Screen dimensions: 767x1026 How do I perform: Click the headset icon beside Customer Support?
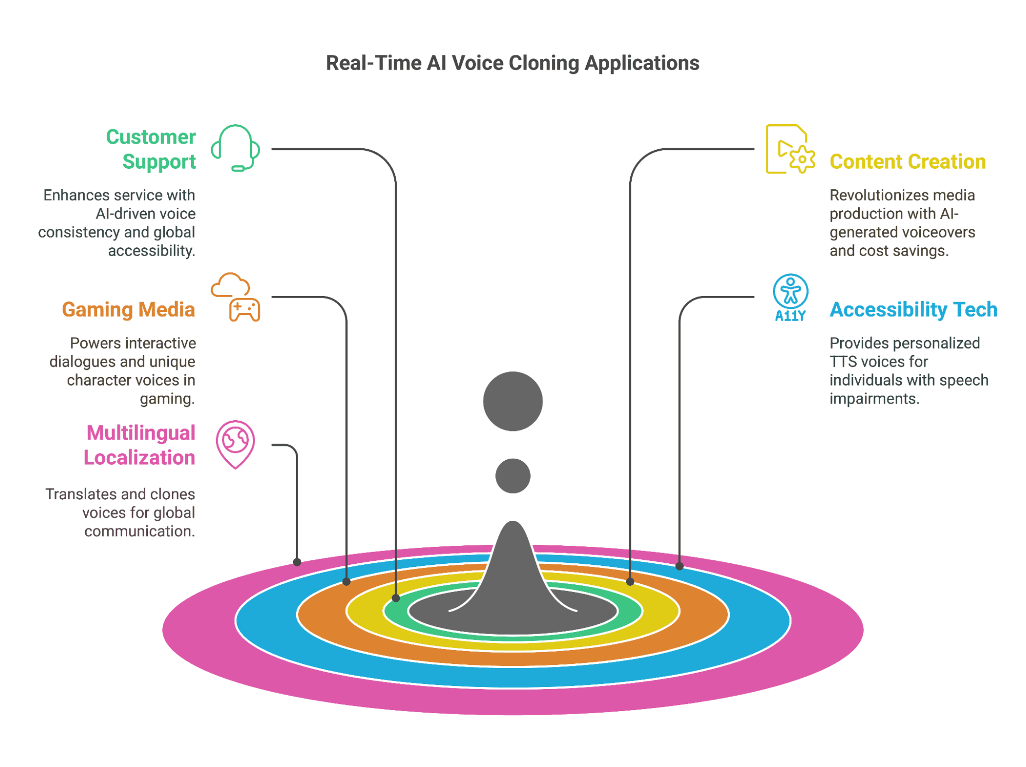[236, 148]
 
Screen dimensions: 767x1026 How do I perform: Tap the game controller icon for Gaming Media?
[244, 310]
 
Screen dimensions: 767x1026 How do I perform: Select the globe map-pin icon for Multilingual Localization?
[236, 444]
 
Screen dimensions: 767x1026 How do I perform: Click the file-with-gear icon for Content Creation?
[789, 149]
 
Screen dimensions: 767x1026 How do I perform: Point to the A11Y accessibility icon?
[790, 298]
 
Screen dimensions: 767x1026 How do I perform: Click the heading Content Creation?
[907, 162]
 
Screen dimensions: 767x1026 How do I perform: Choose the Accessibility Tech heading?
[913, 309]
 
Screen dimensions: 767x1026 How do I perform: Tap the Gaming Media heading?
[128, 309]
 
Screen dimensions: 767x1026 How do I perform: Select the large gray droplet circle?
[513, 401]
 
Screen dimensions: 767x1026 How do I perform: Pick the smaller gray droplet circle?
[513, 476]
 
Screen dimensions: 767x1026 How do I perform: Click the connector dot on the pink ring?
[297, 562]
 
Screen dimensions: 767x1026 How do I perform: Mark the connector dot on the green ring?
[396, 598]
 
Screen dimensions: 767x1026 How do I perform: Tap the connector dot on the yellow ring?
[630, 582]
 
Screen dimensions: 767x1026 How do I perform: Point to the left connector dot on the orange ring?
[346, 582]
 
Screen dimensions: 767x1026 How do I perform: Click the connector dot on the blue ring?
[680, 566]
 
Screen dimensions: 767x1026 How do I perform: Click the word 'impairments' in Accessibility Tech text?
[874, 399]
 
